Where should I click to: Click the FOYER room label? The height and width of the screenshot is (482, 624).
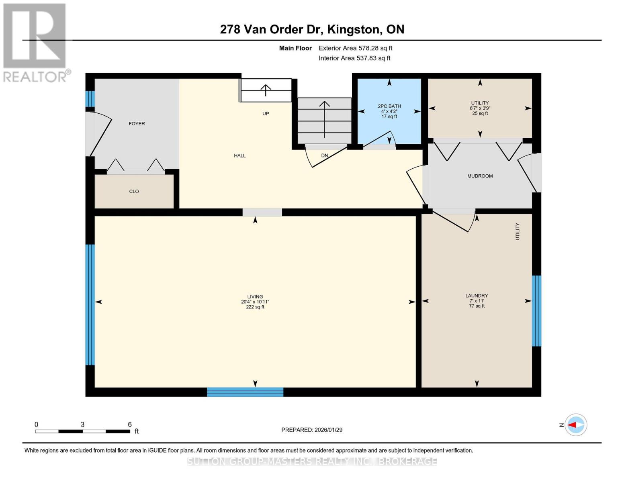(137, 124)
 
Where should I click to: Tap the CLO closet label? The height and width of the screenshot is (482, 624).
(134, 192)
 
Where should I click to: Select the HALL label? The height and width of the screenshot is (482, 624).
(240, 156)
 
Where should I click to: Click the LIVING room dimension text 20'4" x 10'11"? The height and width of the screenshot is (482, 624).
(255, 302)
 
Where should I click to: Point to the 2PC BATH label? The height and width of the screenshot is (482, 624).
(389, 106)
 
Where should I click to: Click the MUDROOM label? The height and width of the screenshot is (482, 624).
(480, 176)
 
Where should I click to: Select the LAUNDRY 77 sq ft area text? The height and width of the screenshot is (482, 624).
(477, 306)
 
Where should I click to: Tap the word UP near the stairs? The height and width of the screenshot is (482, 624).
(266, 114)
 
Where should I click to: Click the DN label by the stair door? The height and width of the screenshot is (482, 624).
(325, 156)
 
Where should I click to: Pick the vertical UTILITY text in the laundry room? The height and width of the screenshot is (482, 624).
(518, 232)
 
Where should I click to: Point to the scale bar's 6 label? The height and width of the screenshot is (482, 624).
(130, 425)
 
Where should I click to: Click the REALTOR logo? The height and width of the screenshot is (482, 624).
(35, 42)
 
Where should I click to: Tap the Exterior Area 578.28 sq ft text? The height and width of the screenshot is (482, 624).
(355, 48)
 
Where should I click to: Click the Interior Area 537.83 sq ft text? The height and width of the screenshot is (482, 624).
(354, 58)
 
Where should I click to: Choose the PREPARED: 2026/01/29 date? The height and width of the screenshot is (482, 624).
(312, 430)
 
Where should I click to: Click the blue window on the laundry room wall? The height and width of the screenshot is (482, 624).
(536, 311)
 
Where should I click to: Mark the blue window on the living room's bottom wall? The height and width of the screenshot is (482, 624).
(245, 392)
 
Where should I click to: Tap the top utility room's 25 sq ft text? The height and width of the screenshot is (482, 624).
(480, 114)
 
